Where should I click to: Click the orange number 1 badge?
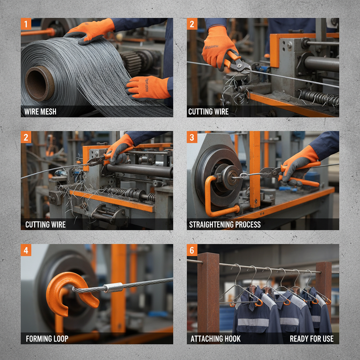pyautogui.click(x=26, y=24)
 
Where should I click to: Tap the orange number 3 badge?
pyautogui.click(x=192, y=137)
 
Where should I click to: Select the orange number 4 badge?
pyautogui.click(x=26, y=250)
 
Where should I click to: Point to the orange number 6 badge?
pyautogui.click(x=192, y=250)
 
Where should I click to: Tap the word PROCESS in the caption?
pyautogui.click(x=248, y=225)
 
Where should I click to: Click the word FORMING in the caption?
pyautogui.click(x=39, y=339)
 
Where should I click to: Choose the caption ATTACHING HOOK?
pyautogui.click(x=216, y=339)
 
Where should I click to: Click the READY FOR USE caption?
pyautogui.click(x=311, y=339)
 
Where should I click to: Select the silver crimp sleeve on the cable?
pyautogui.click(x=114, y=288)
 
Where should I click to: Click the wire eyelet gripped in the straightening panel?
pyautogui.click(x=242, y=175)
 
